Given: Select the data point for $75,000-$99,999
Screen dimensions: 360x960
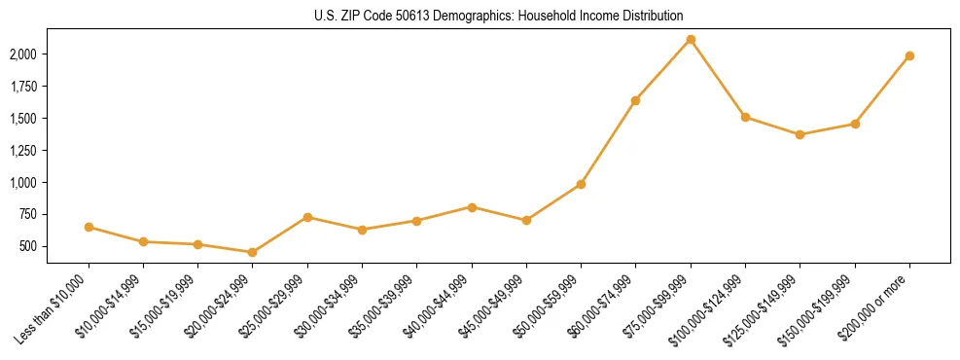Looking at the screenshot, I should tap(691, 39).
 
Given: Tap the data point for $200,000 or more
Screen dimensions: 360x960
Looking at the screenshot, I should tap(909, 55).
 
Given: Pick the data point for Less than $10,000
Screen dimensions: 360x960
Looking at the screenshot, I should tap(89, 227).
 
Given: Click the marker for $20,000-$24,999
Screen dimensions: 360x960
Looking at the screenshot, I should tap(253, 252).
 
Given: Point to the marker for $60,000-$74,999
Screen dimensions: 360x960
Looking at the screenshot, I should tap(636, 100).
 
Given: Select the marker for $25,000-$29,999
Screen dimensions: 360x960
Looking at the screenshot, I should tap(307, 217).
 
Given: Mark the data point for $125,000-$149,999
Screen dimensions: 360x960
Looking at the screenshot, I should tap(800, 134).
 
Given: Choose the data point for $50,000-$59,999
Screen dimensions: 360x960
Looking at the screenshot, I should tap(581, 184).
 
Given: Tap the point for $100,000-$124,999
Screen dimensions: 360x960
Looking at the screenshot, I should tap(745, 117).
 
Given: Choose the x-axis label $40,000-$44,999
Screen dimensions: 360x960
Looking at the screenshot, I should tap(438, 307).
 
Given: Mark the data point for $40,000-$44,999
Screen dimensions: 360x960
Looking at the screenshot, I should tap(472, 207).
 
